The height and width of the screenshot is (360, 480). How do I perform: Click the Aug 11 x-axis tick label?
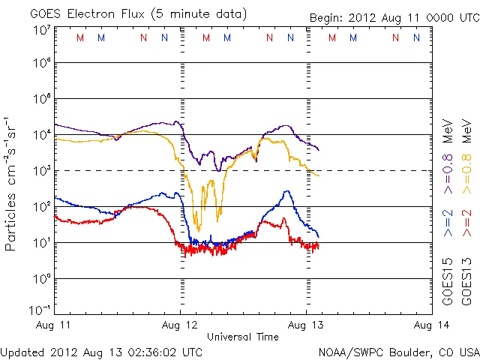coord(55,325)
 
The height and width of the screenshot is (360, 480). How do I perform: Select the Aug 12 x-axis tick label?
coord(181,325)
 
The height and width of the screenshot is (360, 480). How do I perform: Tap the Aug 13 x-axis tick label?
coord(306,325)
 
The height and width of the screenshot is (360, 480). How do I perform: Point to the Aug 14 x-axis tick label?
coord(430,325)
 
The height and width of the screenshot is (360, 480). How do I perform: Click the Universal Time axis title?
coord(243,337)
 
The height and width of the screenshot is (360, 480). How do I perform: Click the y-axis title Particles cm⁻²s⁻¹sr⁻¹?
coord(11,184)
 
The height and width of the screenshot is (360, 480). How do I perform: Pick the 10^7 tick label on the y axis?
coord(42,31)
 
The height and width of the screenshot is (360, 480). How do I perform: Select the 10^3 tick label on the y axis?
coord(42,171)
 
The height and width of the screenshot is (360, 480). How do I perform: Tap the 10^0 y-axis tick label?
coord(42,279)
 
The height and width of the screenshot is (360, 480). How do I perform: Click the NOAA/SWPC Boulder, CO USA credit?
coord(398,352)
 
